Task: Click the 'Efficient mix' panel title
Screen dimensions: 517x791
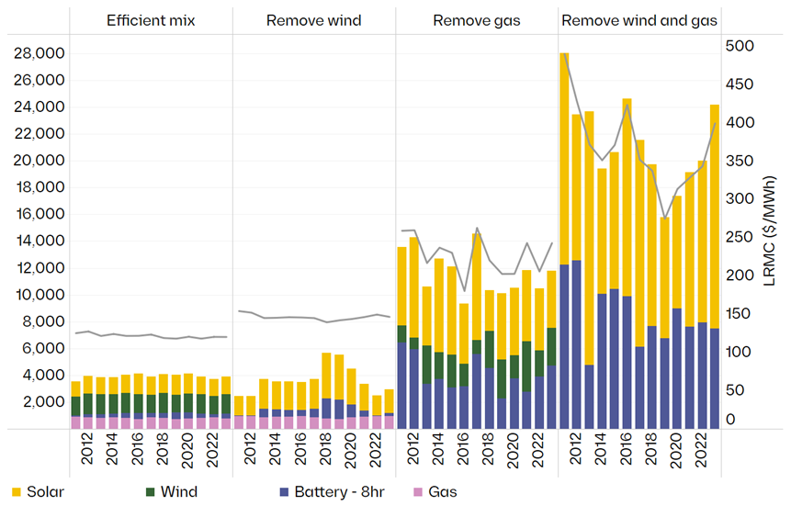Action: pos(151,19)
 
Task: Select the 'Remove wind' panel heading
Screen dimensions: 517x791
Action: pos(313,19)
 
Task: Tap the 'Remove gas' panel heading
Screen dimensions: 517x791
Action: pos(476,19)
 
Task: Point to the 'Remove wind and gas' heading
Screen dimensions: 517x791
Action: pos(639,19)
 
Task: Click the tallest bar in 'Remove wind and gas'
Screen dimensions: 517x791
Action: pos(565,239)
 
